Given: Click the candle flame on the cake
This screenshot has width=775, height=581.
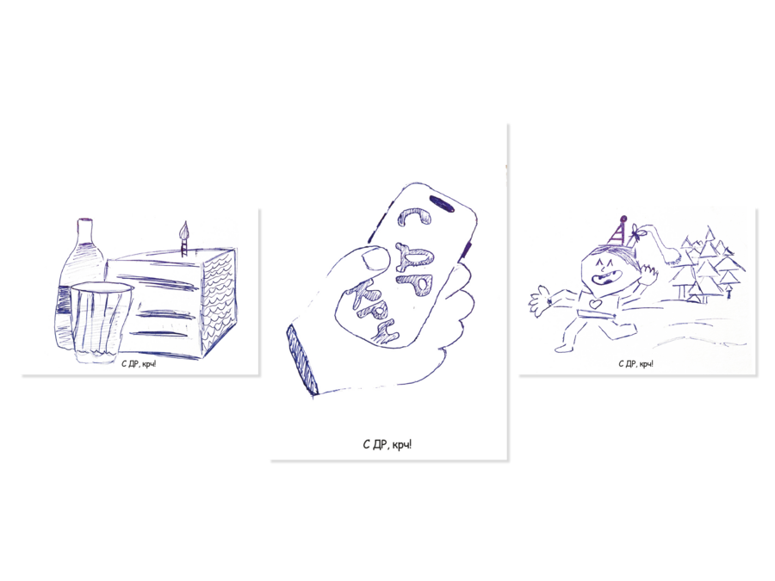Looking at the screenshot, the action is tap(185, 229).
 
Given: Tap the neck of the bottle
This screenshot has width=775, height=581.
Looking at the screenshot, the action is tap(86, 230).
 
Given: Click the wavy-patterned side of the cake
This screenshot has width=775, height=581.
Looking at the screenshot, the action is tap(218, 302).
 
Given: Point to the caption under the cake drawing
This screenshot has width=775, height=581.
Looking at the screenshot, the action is tap(139, 365).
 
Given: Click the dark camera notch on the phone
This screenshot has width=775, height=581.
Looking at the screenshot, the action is tap(442, 203).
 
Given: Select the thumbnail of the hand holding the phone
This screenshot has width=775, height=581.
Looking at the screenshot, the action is tap(375, 258).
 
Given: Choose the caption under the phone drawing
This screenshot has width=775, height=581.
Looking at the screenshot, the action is tap(387, 445).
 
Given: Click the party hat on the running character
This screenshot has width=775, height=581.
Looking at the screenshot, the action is tap(617, 232).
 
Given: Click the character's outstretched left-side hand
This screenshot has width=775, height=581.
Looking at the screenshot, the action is tap(540, 300).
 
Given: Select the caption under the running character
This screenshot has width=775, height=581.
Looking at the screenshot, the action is tap(635, 364).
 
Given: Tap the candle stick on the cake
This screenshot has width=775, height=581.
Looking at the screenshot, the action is tap(184, 246).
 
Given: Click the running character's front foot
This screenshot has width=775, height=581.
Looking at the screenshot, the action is tap(562, 349).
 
